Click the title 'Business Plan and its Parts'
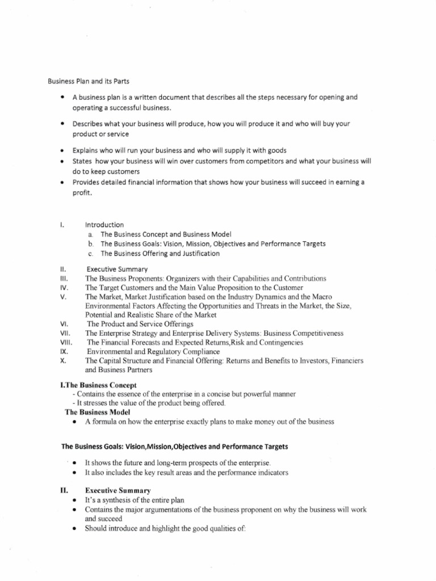click(88, 81)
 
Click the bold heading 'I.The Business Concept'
click(98, 385)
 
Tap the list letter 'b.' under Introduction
click(90, 244)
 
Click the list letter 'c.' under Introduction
click(90, 254)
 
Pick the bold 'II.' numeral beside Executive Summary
click(64, 490)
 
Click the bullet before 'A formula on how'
click(76, 422)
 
